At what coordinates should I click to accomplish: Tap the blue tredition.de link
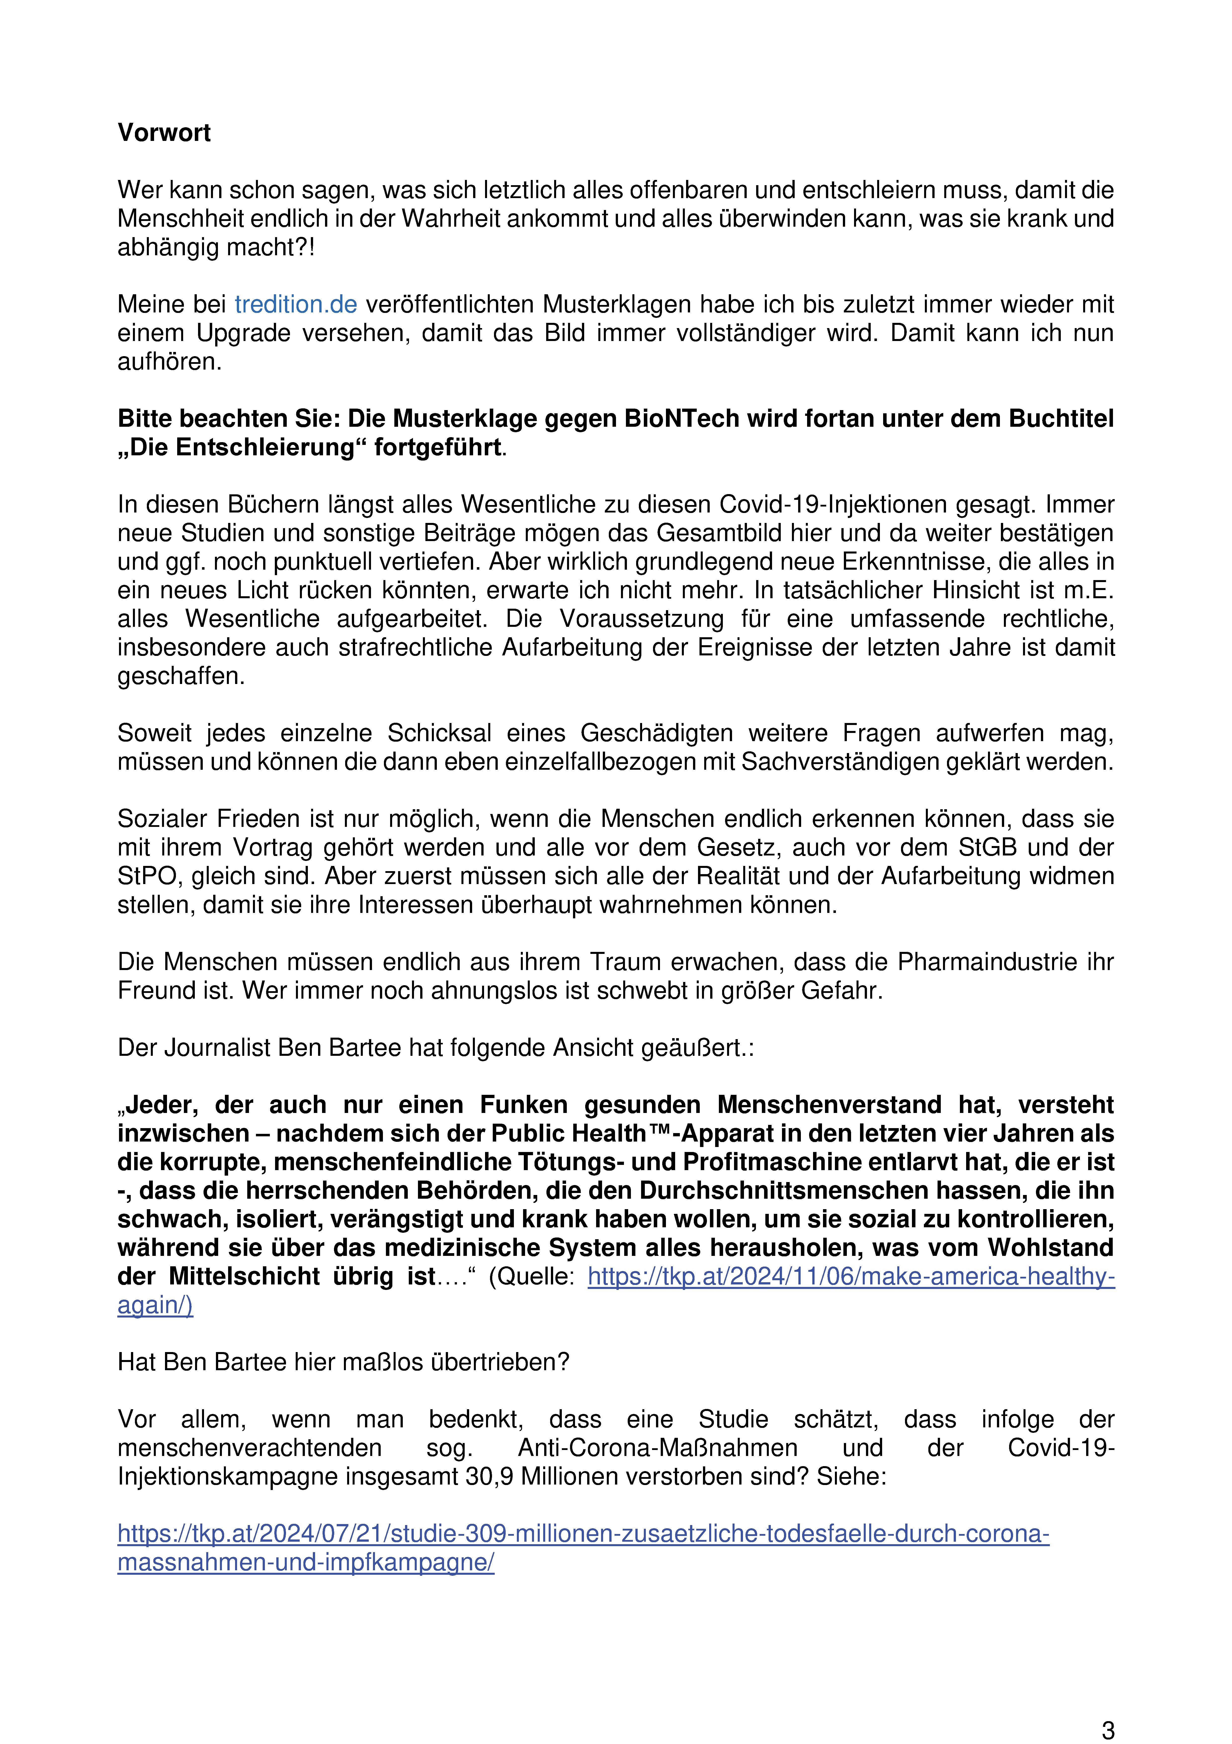click(295, 305)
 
